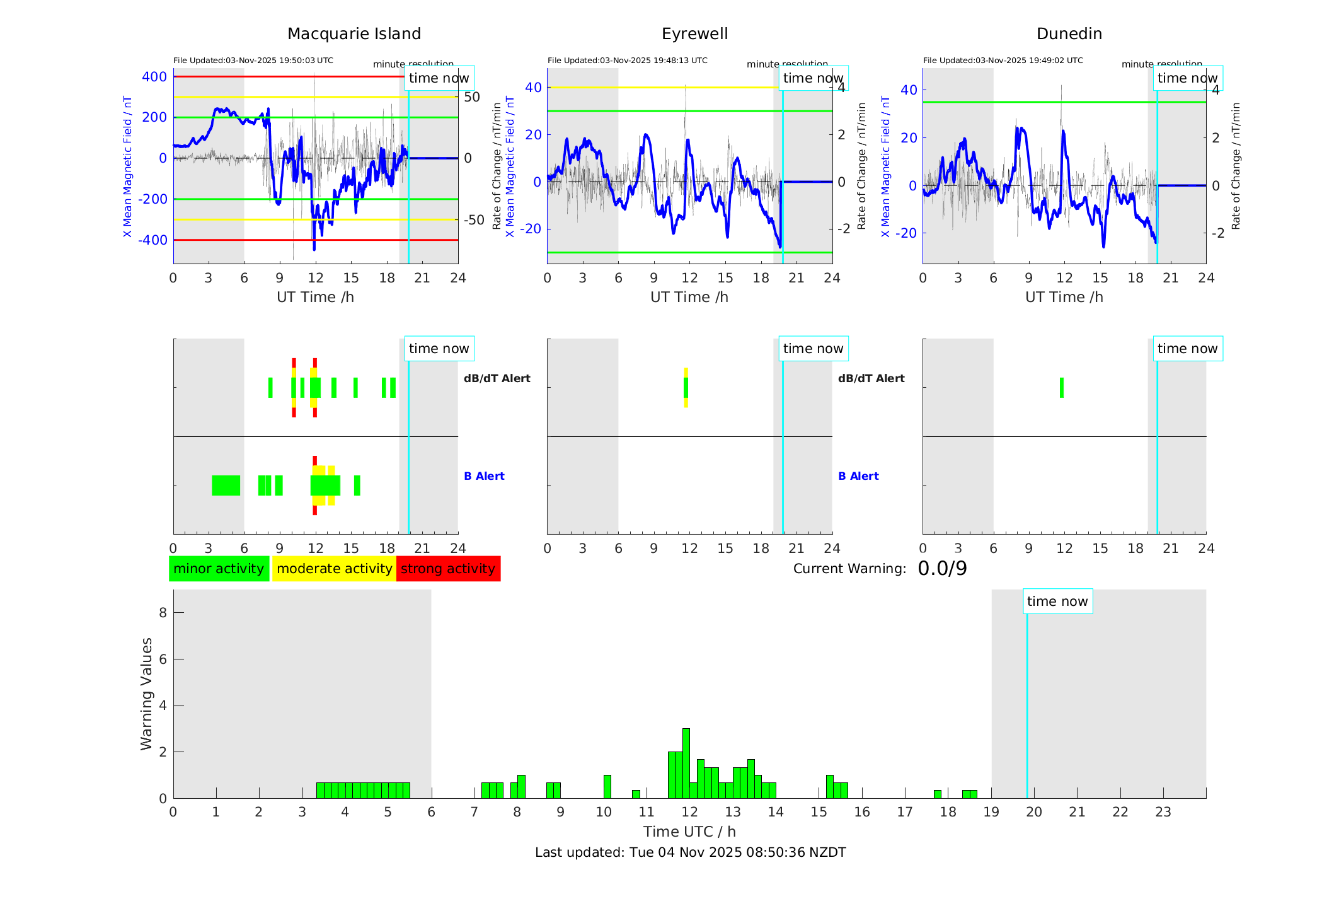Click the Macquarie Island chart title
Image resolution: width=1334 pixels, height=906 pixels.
tap(354, 34)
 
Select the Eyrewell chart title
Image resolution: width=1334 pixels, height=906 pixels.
tap(694, 34)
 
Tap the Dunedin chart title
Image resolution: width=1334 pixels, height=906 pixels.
tap(1069, 34)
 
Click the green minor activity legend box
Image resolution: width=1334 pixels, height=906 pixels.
tap(219, 569)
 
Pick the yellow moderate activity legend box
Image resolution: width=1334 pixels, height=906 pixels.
tap(334, 569)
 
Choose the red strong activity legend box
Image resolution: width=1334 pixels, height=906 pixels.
tap(448, 569)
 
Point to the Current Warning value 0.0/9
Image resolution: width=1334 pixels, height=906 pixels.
tap(942, 569)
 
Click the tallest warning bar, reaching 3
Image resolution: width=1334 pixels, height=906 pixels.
tap(686, 763)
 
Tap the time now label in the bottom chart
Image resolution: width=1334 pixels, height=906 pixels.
tap(1057, 601)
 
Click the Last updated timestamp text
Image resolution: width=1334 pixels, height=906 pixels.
tap(690, 852)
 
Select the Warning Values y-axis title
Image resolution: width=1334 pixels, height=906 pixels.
tap(146, 694)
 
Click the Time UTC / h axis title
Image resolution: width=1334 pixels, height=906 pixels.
tap(689, 832)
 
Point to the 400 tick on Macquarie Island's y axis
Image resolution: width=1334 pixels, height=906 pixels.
tap(154, 77)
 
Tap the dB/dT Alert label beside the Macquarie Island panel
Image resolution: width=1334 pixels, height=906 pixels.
tap(497, 378)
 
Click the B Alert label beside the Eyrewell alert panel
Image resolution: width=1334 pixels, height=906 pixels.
tap(858, 476)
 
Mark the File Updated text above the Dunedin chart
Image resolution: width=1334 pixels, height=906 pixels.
tap(1003, 61)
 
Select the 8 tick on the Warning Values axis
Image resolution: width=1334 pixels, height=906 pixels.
tap(163, 612)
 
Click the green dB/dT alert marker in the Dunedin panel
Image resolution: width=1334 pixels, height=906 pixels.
tap(1062, 388)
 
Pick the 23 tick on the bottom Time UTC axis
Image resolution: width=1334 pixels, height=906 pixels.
tap(1163, 812)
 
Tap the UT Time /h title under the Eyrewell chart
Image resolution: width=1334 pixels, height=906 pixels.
tap(689, 297)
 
